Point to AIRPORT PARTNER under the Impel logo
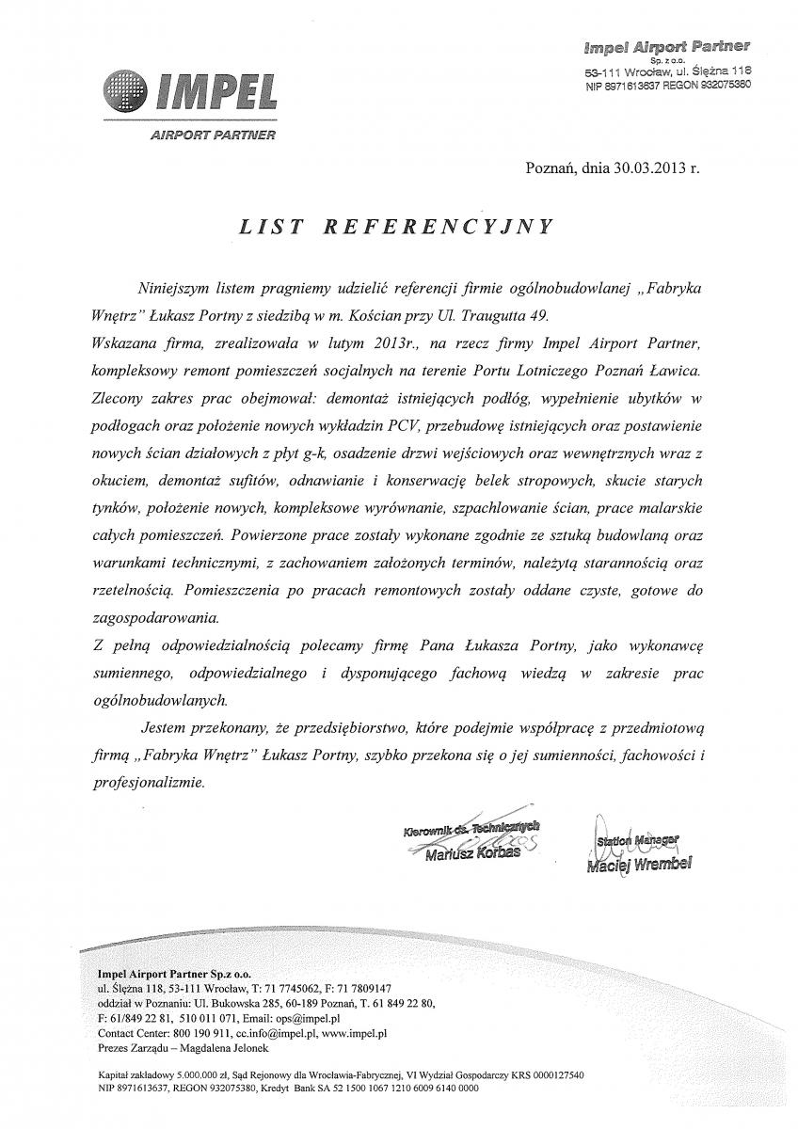click(x=213, y=135)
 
